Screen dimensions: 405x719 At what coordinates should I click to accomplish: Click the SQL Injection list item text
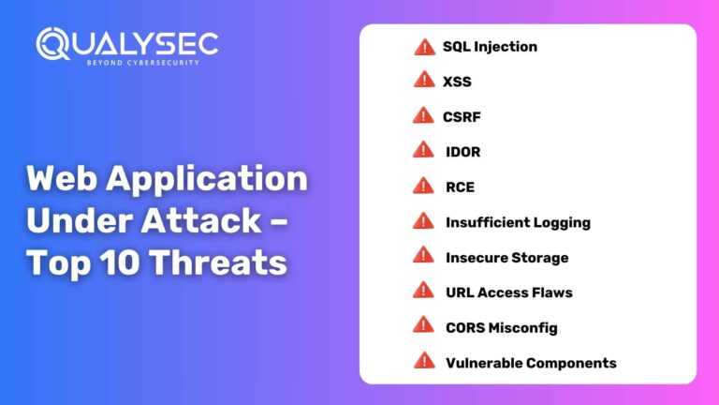click(490, 47)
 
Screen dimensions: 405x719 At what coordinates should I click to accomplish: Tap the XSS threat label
click(457, 82)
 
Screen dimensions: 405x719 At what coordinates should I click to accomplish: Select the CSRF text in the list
click(461, 117)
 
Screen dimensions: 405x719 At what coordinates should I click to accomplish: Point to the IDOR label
click(462, 152)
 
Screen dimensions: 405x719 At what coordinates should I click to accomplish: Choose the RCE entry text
click(460, 187)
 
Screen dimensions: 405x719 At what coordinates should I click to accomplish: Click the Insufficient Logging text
click(518, 222)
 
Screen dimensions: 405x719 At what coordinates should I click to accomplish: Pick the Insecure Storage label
click(506, 257)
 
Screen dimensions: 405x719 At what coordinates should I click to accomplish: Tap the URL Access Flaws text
click(508, 292)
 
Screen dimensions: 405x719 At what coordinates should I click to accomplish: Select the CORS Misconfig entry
click(501, 327)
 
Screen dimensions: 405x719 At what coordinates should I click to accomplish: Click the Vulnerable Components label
click(531, 362)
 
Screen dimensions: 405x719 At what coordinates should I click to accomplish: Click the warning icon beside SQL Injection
click(424, 46)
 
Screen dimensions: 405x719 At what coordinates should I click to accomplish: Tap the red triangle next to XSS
click(424, 81)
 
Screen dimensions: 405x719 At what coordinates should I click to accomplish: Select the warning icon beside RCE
click(424, 186)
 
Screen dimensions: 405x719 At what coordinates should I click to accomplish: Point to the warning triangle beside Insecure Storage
click(424, 255)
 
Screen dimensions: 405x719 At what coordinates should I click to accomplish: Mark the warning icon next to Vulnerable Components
click(424, 360)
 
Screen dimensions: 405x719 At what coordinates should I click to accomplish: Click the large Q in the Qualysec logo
click(54, 45)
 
